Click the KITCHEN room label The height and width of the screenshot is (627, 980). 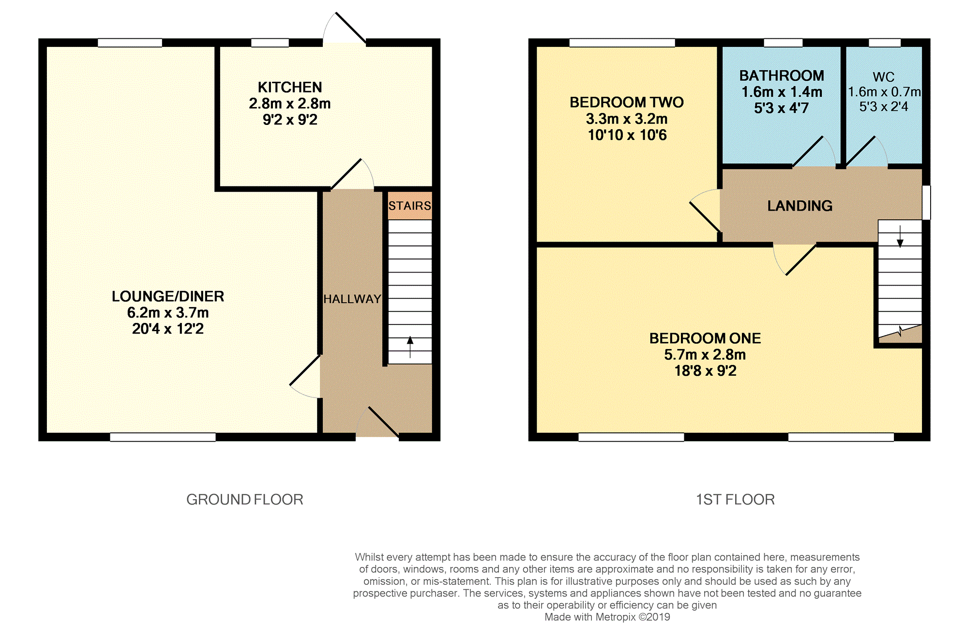(290, 87)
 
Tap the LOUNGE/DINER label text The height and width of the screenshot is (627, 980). (168, 296)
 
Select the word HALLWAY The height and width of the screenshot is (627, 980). (352, 299)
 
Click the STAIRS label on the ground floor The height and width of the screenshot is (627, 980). (410, 206)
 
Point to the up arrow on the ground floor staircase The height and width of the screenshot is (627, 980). (410, 347)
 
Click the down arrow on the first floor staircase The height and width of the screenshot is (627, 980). (900, 236)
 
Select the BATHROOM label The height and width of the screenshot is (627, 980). (782, 76)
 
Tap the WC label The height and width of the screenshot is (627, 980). (884, 77)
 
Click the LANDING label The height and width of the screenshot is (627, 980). (800, 206)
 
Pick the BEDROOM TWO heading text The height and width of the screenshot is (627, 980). (627, 102)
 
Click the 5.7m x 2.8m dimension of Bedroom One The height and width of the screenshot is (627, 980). (705, 354)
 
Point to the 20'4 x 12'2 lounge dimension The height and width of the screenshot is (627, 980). (168, 329)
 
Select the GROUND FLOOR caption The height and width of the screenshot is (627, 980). (245, 499)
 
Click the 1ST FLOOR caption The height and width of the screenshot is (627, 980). (736, 499)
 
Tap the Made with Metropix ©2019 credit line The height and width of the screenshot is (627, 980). (607, 617)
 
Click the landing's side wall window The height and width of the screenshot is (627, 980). (926, 202)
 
